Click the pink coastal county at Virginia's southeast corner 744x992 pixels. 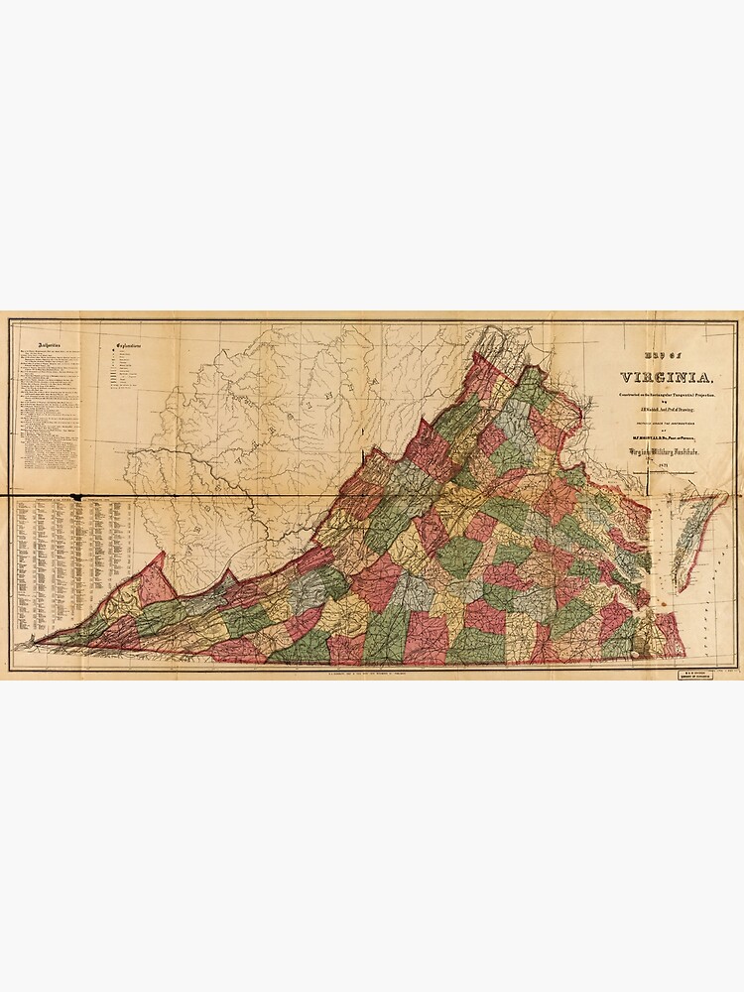[670, 635]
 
